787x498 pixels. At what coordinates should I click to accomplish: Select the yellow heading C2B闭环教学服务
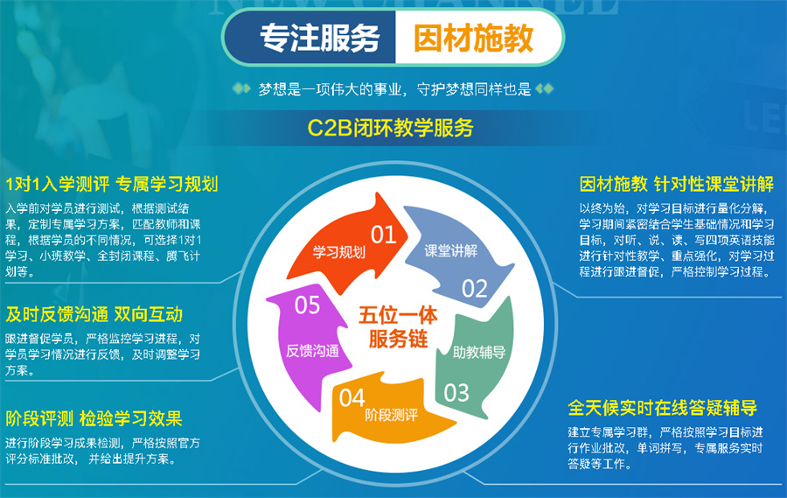[391, 129]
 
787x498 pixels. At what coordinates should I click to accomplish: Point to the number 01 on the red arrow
[384, 234]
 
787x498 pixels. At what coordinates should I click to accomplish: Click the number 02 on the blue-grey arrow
[474, 288]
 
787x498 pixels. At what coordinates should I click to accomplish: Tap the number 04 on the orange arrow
[352, 398]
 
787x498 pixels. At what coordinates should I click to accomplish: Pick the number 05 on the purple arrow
[308, 305]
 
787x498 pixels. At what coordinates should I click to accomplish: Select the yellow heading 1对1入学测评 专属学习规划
[111, 184]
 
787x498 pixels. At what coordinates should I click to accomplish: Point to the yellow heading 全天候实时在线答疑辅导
[662, 408]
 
